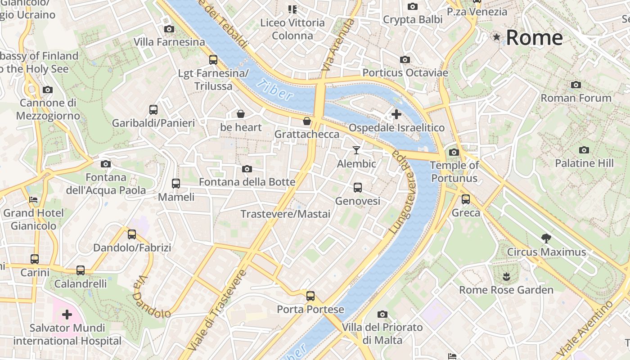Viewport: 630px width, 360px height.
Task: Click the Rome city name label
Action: [x=534, y=38]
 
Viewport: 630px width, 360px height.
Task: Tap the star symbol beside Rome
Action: [x=497, y=37]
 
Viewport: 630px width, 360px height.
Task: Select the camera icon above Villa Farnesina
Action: [x=169, y=29]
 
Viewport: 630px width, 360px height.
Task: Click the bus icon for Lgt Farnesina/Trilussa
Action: [x=213, y=59]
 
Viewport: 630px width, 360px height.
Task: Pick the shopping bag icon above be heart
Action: [x=241, y=114]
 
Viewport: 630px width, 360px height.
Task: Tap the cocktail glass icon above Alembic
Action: [x=356, y=150]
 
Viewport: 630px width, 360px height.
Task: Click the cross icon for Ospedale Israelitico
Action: [x=396, y=114]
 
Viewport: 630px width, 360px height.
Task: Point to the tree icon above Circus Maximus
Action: [x=546, y=238]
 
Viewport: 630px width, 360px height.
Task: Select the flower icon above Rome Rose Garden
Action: [x=506, y=276]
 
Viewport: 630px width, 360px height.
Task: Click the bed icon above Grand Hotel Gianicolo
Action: [x=33, y=199]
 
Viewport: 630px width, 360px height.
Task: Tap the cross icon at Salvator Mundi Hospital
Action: [x=67, y=314]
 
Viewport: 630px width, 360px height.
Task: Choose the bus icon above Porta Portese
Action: [x=310, y=296]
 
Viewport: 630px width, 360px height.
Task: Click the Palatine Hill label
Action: [x=584, y=163]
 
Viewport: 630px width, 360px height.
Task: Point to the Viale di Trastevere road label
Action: [x=218, y=310]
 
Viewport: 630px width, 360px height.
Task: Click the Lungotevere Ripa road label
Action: [x=401, y=191]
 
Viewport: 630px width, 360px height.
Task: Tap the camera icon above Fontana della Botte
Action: [x=247, y=169]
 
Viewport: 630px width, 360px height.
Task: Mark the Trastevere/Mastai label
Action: [x=285, y=214]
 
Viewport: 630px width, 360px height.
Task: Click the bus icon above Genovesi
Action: [x=358, y=187]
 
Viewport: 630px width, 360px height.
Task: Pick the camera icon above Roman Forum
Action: [x=576, y=85]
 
